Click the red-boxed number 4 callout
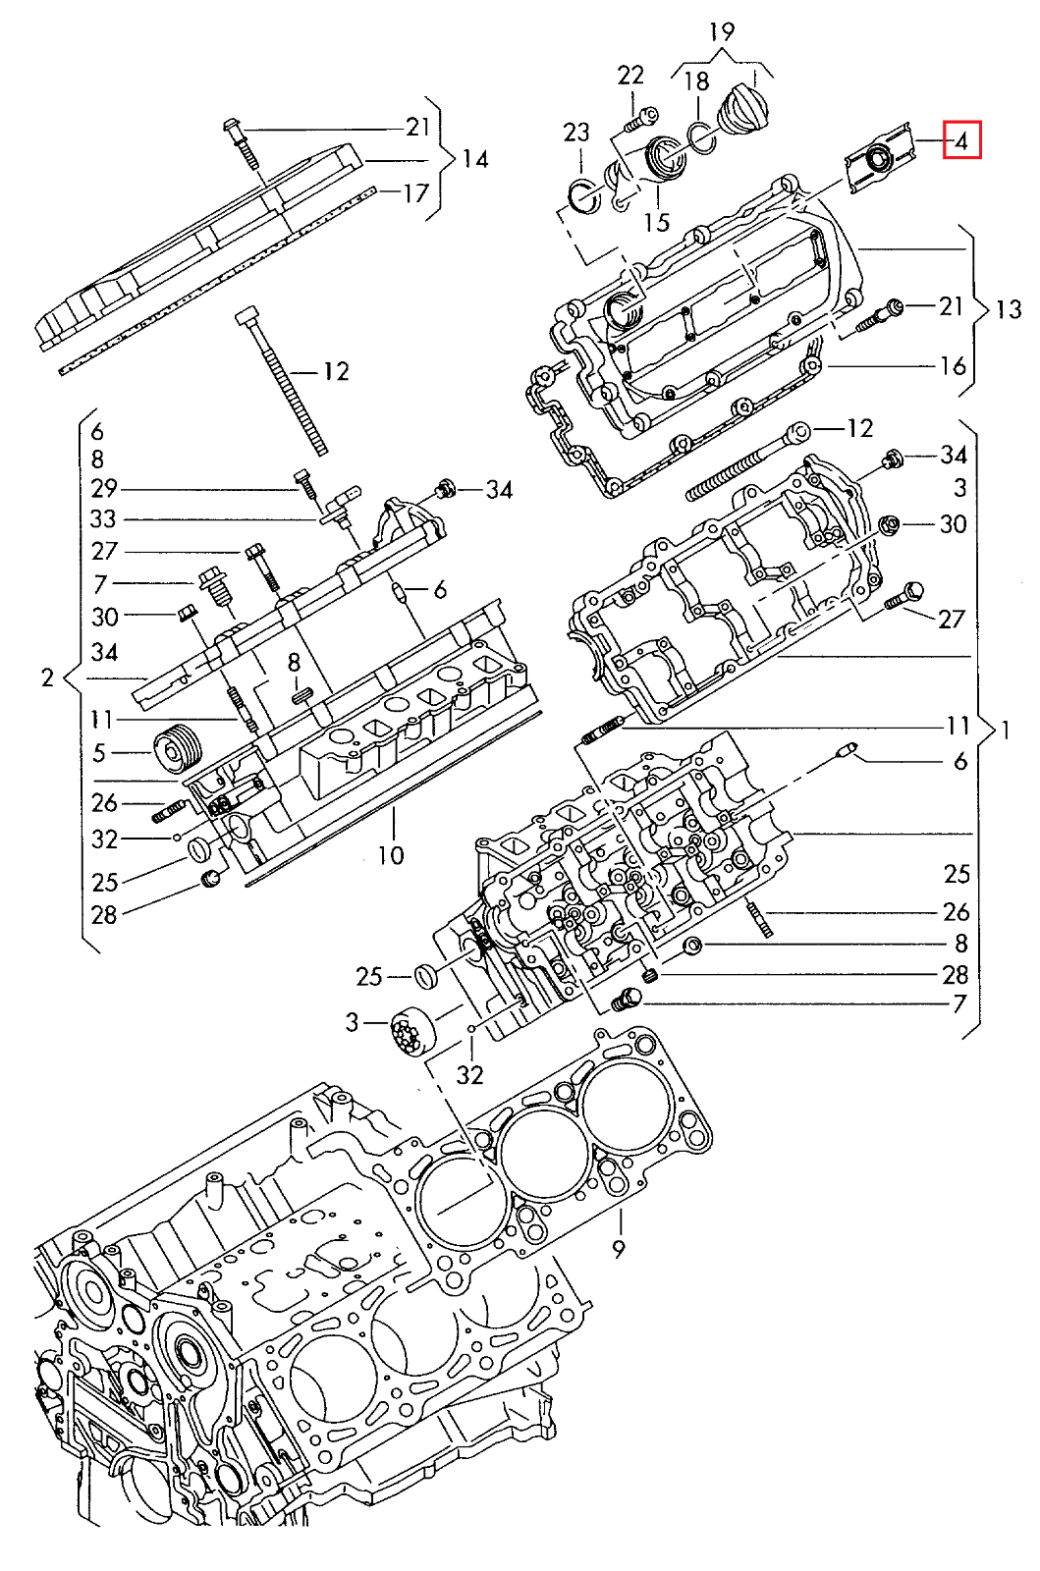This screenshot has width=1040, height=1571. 962,140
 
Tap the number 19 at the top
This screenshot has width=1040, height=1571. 722,31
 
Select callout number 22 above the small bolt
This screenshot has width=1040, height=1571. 630,76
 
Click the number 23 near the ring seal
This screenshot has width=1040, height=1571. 576,132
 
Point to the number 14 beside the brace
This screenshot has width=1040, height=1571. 475,159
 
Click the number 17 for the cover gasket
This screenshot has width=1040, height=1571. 416,192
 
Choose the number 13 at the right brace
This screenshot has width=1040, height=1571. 1009,309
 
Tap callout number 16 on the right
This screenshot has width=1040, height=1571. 953,366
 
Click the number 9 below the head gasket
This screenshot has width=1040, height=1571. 619,1249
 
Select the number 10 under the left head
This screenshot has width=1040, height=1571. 391,855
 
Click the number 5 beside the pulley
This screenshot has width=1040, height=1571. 99,753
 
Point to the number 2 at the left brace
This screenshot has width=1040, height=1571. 47,677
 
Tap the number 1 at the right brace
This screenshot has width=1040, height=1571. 1006,729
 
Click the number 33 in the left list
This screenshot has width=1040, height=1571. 103,519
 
